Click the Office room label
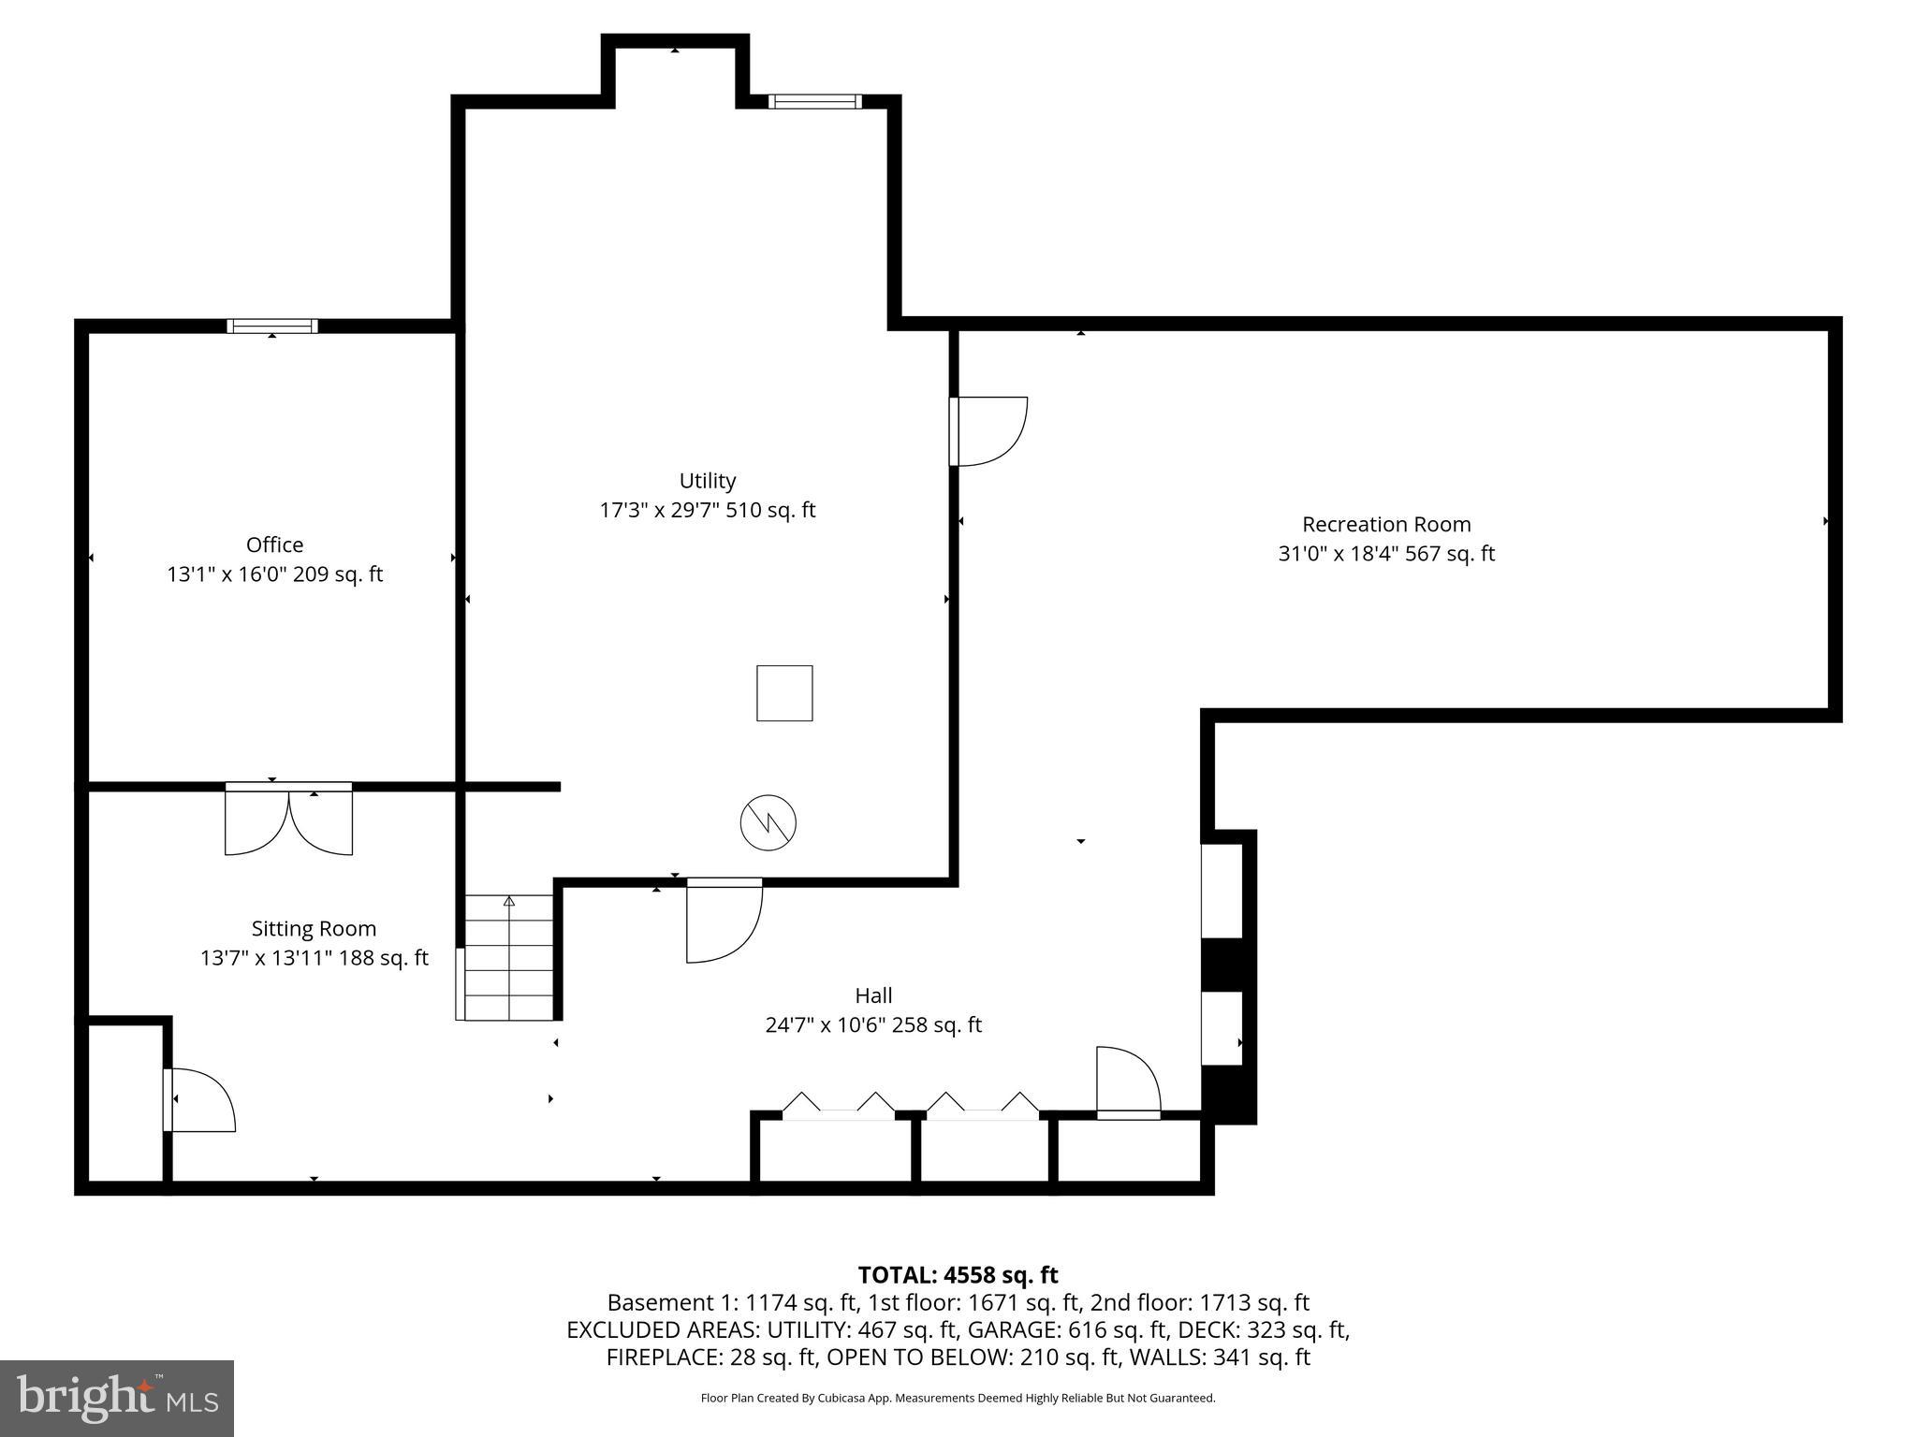[x=274, y=544]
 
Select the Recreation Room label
[x=1386, y=524]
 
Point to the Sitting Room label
[x=314, y=928]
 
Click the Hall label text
[x=872, y=995]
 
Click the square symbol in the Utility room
[x=784, y=693]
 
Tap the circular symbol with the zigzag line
[x=768, y=823]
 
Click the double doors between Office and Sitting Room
[x=288, y=820]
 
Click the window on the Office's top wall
[x=272, y=327]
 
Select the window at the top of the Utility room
[x=814, y=101]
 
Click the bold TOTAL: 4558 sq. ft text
[x=958, y=1275]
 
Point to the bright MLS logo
[x=116, y=1398]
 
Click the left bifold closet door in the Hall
[x=839, y=1106]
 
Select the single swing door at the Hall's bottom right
[x=1128, y=1082]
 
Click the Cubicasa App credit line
[x=958, y=1398]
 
